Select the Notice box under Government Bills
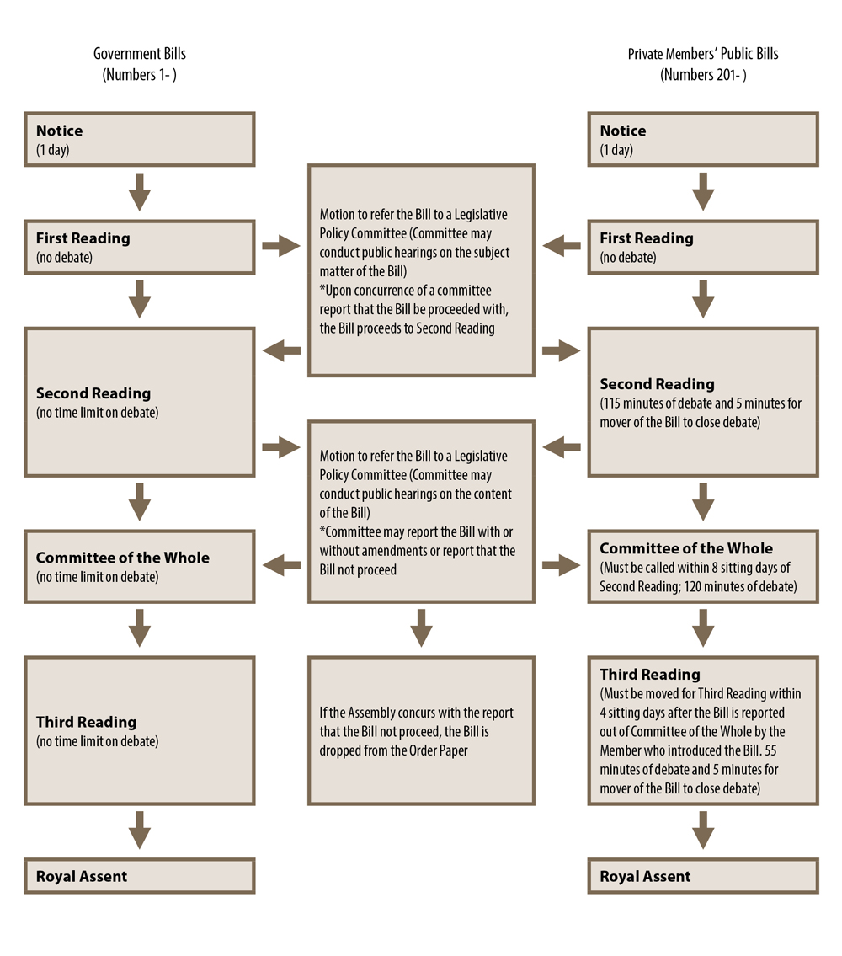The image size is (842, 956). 140,139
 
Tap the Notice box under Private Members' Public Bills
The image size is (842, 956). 703,139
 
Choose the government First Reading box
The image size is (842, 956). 140,247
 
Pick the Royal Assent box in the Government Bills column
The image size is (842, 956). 140,876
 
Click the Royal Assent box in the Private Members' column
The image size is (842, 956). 703,876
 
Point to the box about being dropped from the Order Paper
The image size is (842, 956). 421,731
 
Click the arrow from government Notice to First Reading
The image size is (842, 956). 140,192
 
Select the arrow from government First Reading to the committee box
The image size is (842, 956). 281,246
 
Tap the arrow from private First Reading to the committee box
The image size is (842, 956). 562,246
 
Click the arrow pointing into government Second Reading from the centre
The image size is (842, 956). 281,350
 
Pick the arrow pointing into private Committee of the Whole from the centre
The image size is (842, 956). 562,565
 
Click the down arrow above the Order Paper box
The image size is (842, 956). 421,628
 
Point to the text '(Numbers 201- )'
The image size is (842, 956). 703,75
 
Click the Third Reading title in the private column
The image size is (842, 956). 650,675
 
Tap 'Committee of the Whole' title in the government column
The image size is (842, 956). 123,558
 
